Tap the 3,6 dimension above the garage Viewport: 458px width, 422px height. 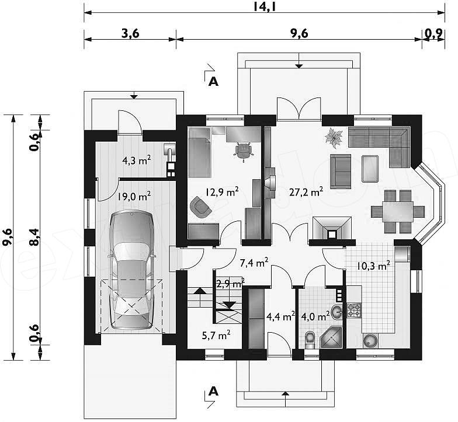tap(130, 33)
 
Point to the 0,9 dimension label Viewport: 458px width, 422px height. tap(433, 34)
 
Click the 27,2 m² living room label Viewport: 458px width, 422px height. tap(306, 191)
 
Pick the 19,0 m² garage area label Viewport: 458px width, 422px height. tap(134, 196)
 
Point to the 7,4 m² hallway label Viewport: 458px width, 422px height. tap(254, 263)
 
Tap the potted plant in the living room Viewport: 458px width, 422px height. tap(334, 137)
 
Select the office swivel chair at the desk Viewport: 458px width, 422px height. tap(243, 151)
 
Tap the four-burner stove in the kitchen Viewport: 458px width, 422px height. tap(354, 311)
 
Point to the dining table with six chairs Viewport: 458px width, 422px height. tap(398, 211)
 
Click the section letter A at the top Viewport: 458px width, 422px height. tap(214, 82)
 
